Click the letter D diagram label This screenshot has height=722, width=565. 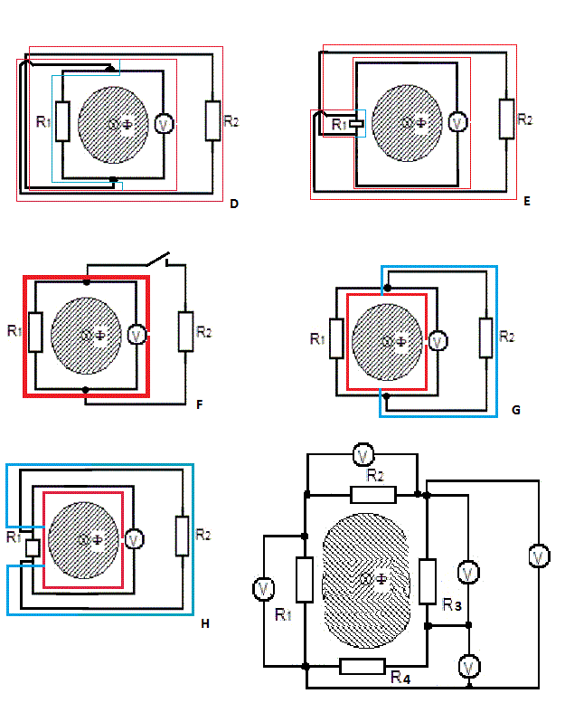[x=234, y=204]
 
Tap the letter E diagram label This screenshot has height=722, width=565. [x=527, y=201]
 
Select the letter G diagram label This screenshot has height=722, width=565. [x=516, y=410]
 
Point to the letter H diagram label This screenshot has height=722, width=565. [x=205, y=623]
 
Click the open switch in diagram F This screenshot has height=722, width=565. [x=158, y=260]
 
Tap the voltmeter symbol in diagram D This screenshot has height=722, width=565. [x=164, y=123]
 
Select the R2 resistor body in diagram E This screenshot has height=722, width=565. [x=506, y=119]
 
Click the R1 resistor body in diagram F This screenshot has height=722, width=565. [x=35, y=332]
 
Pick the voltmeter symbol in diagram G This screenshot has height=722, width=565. [x=438, y=341]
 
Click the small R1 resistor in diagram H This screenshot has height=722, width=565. [x=33, y=548]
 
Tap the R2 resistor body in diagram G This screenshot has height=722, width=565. [x=485, y=337]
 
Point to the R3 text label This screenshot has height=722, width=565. [x=451, y=604]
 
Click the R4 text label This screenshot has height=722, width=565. [x=400, y=677]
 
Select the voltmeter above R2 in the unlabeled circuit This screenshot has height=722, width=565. [x=363, y=455]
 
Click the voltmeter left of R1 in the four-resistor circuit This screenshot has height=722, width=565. [x=264, y=589]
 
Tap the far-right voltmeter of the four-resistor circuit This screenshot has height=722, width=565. [x=538, y=556]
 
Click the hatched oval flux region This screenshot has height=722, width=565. [x=366, y=580]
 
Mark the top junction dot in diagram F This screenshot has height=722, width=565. [x=87, y=281]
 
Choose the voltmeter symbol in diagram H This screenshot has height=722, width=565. [x=134, y=539]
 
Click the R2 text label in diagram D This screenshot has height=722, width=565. [x=231, y=121]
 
